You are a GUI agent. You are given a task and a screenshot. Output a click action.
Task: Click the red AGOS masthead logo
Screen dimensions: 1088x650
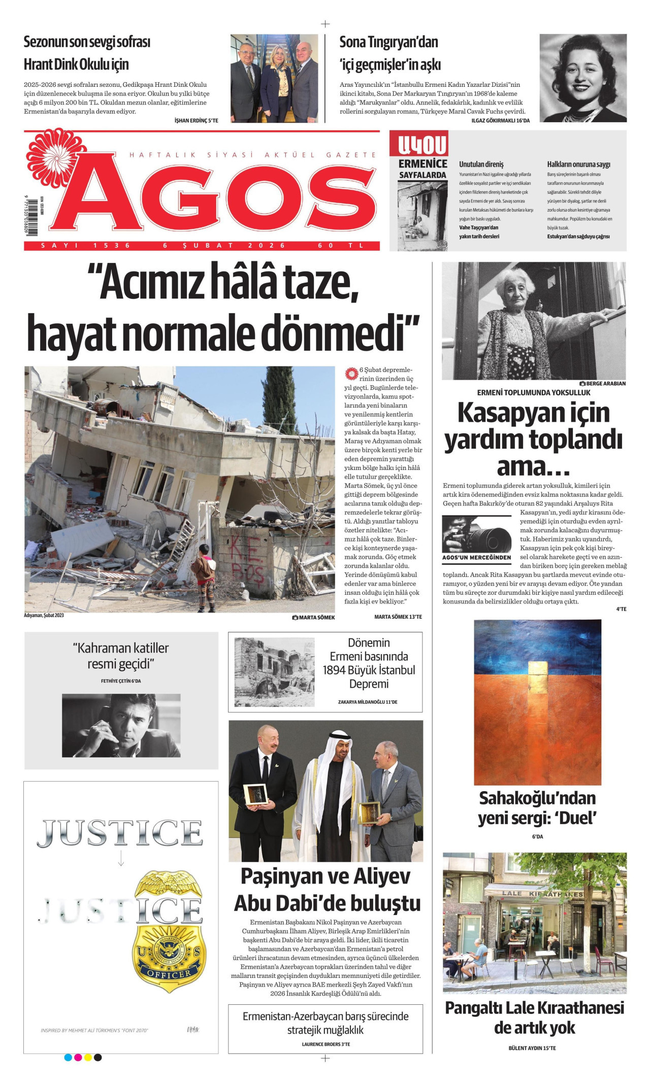[218, 198]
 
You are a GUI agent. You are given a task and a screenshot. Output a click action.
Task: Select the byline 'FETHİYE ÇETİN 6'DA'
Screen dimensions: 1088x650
[121, 681]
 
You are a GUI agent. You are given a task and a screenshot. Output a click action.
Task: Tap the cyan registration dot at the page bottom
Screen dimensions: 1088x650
[68, 1058]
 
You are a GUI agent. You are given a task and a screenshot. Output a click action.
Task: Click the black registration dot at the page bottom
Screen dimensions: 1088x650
[98, 1058]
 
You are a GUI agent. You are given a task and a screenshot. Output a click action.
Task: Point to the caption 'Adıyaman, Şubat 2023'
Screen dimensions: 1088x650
[44, 616]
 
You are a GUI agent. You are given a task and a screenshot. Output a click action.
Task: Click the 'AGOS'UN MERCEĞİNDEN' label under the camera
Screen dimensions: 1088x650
[476, 558]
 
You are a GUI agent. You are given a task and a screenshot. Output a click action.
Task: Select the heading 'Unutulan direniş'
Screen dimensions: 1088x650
[481, 164]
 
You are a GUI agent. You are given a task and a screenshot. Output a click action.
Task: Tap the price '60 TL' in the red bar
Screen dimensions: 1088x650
[341, 246]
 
